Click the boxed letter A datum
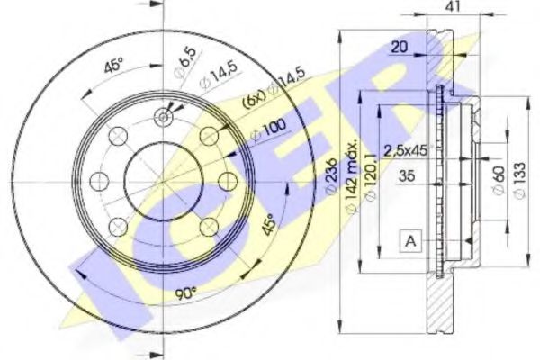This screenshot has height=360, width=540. point(411,239)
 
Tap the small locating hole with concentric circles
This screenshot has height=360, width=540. point(164,115)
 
